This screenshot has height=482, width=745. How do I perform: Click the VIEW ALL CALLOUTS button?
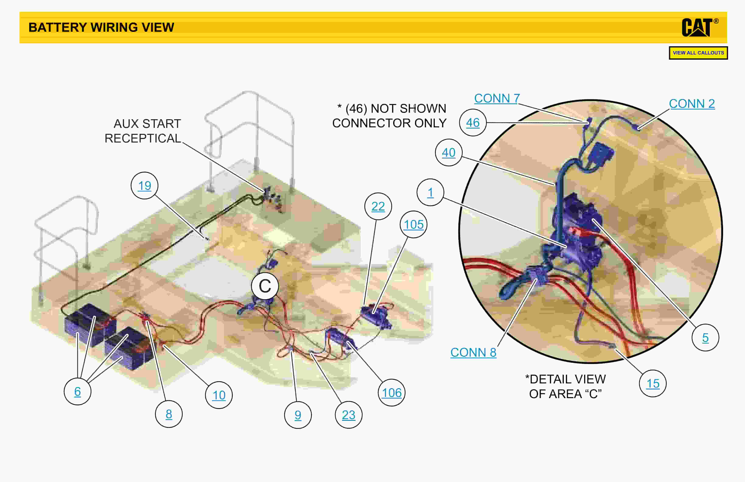click(x=698, y=53)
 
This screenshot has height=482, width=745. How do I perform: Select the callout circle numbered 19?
click(x=144, y=186)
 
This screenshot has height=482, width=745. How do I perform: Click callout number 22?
click(x=378, y=206)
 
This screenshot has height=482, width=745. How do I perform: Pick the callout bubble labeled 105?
click(x=413, y=224)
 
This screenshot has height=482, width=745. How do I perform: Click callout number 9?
click(x=298, y=415)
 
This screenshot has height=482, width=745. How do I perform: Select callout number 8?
click(x=169, y=414)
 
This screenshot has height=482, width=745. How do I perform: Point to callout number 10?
click(x=219, y=395)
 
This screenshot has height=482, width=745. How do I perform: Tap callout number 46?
click(x=473, y=122)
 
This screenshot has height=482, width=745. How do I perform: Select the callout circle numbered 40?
click(x=449, y=152)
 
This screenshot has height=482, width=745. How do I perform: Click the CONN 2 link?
click(x=692, y=104)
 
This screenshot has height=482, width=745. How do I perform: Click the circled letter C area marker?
click(x=265, y=286)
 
